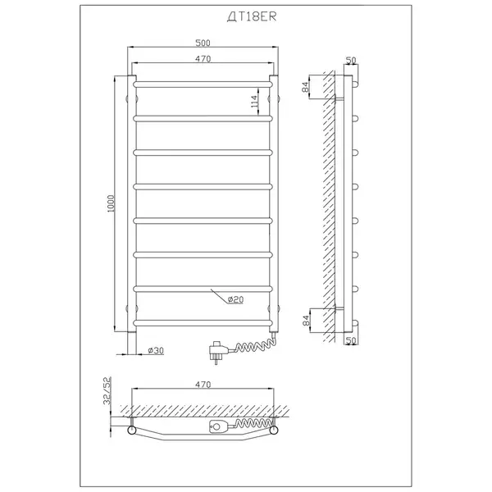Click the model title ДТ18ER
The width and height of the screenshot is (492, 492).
[x=252, y=17]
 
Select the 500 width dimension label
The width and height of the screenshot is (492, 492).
[x=203, y=43]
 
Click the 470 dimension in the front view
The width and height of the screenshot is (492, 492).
[x=203, y=59]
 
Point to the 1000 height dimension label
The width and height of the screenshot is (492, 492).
[x=111, y=203]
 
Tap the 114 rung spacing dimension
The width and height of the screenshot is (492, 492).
[x=254, y=102]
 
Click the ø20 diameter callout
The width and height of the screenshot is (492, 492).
[x=235, y=299]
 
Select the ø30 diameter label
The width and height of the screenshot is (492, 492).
[x=156, y=350]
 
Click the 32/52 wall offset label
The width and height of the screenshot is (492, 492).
[x=107, y=390]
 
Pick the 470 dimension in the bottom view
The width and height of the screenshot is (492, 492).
[x=203, y=385]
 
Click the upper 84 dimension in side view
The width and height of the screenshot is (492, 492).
[x=306, y=87]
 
